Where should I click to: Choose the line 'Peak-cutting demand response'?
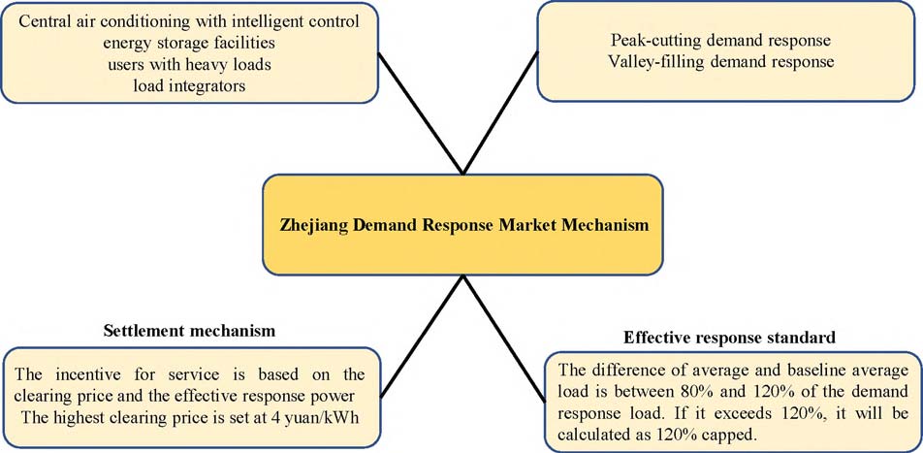click(721, 41)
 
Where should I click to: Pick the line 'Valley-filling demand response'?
click(721, 62)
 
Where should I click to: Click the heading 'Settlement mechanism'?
click(189, 331)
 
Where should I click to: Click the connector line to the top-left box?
click(420, 112)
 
